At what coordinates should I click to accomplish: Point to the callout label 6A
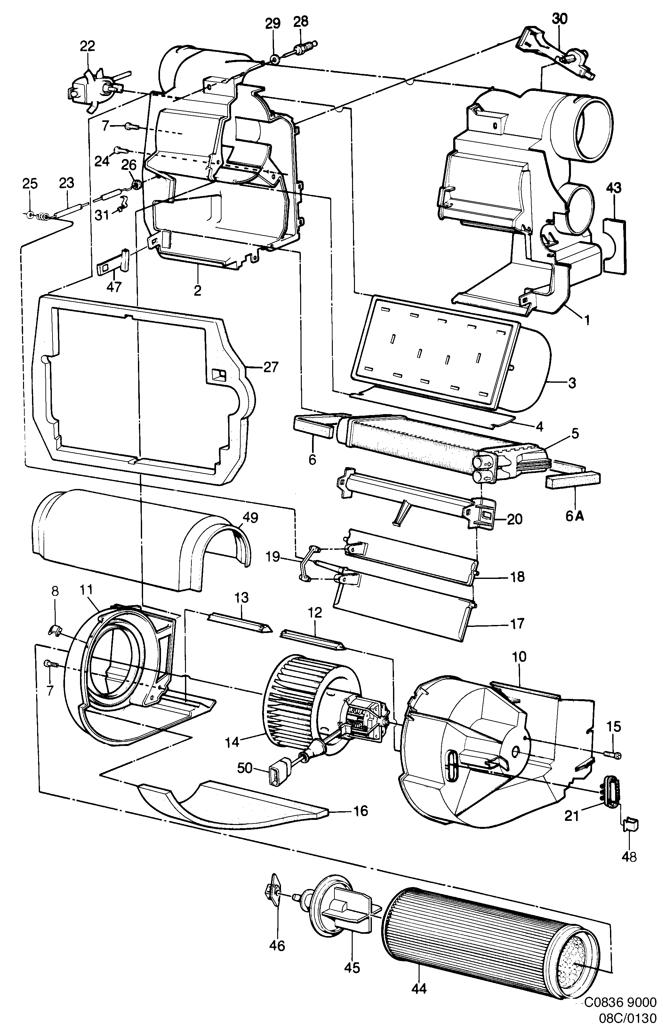[x=575, y=516]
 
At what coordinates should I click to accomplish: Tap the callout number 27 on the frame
[x=271, y=367]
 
